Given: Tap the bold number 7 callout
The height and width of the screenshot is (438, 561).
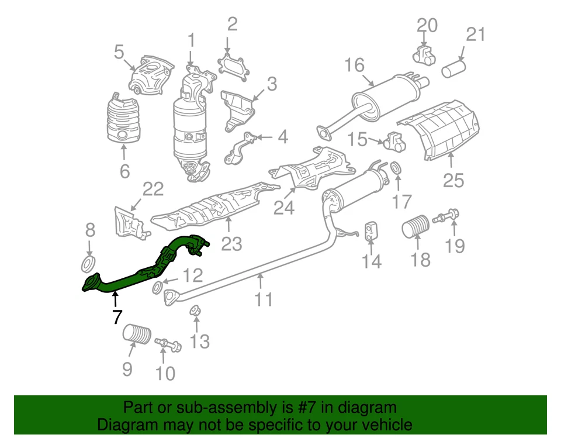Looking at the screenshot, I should pos(117,318).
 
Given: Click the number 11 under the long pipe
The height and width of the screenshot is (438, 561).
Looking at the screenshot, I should pos(264,299).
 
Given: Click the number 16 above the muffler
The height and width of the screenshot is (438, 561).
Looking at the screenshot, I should pos(354,65).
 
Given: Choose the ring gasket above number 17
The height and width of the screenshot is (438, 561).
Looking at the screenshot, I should pos(395,169).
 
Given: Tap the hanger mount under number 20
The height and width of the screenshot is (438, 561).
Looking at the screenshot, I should pos(425,54).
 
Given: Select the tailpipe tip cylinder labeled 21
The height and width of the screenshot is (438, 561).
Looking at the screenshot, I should pos(453,70).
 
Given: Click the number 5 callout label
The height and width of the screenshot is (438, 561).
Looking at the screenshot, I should pos(119,53).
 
